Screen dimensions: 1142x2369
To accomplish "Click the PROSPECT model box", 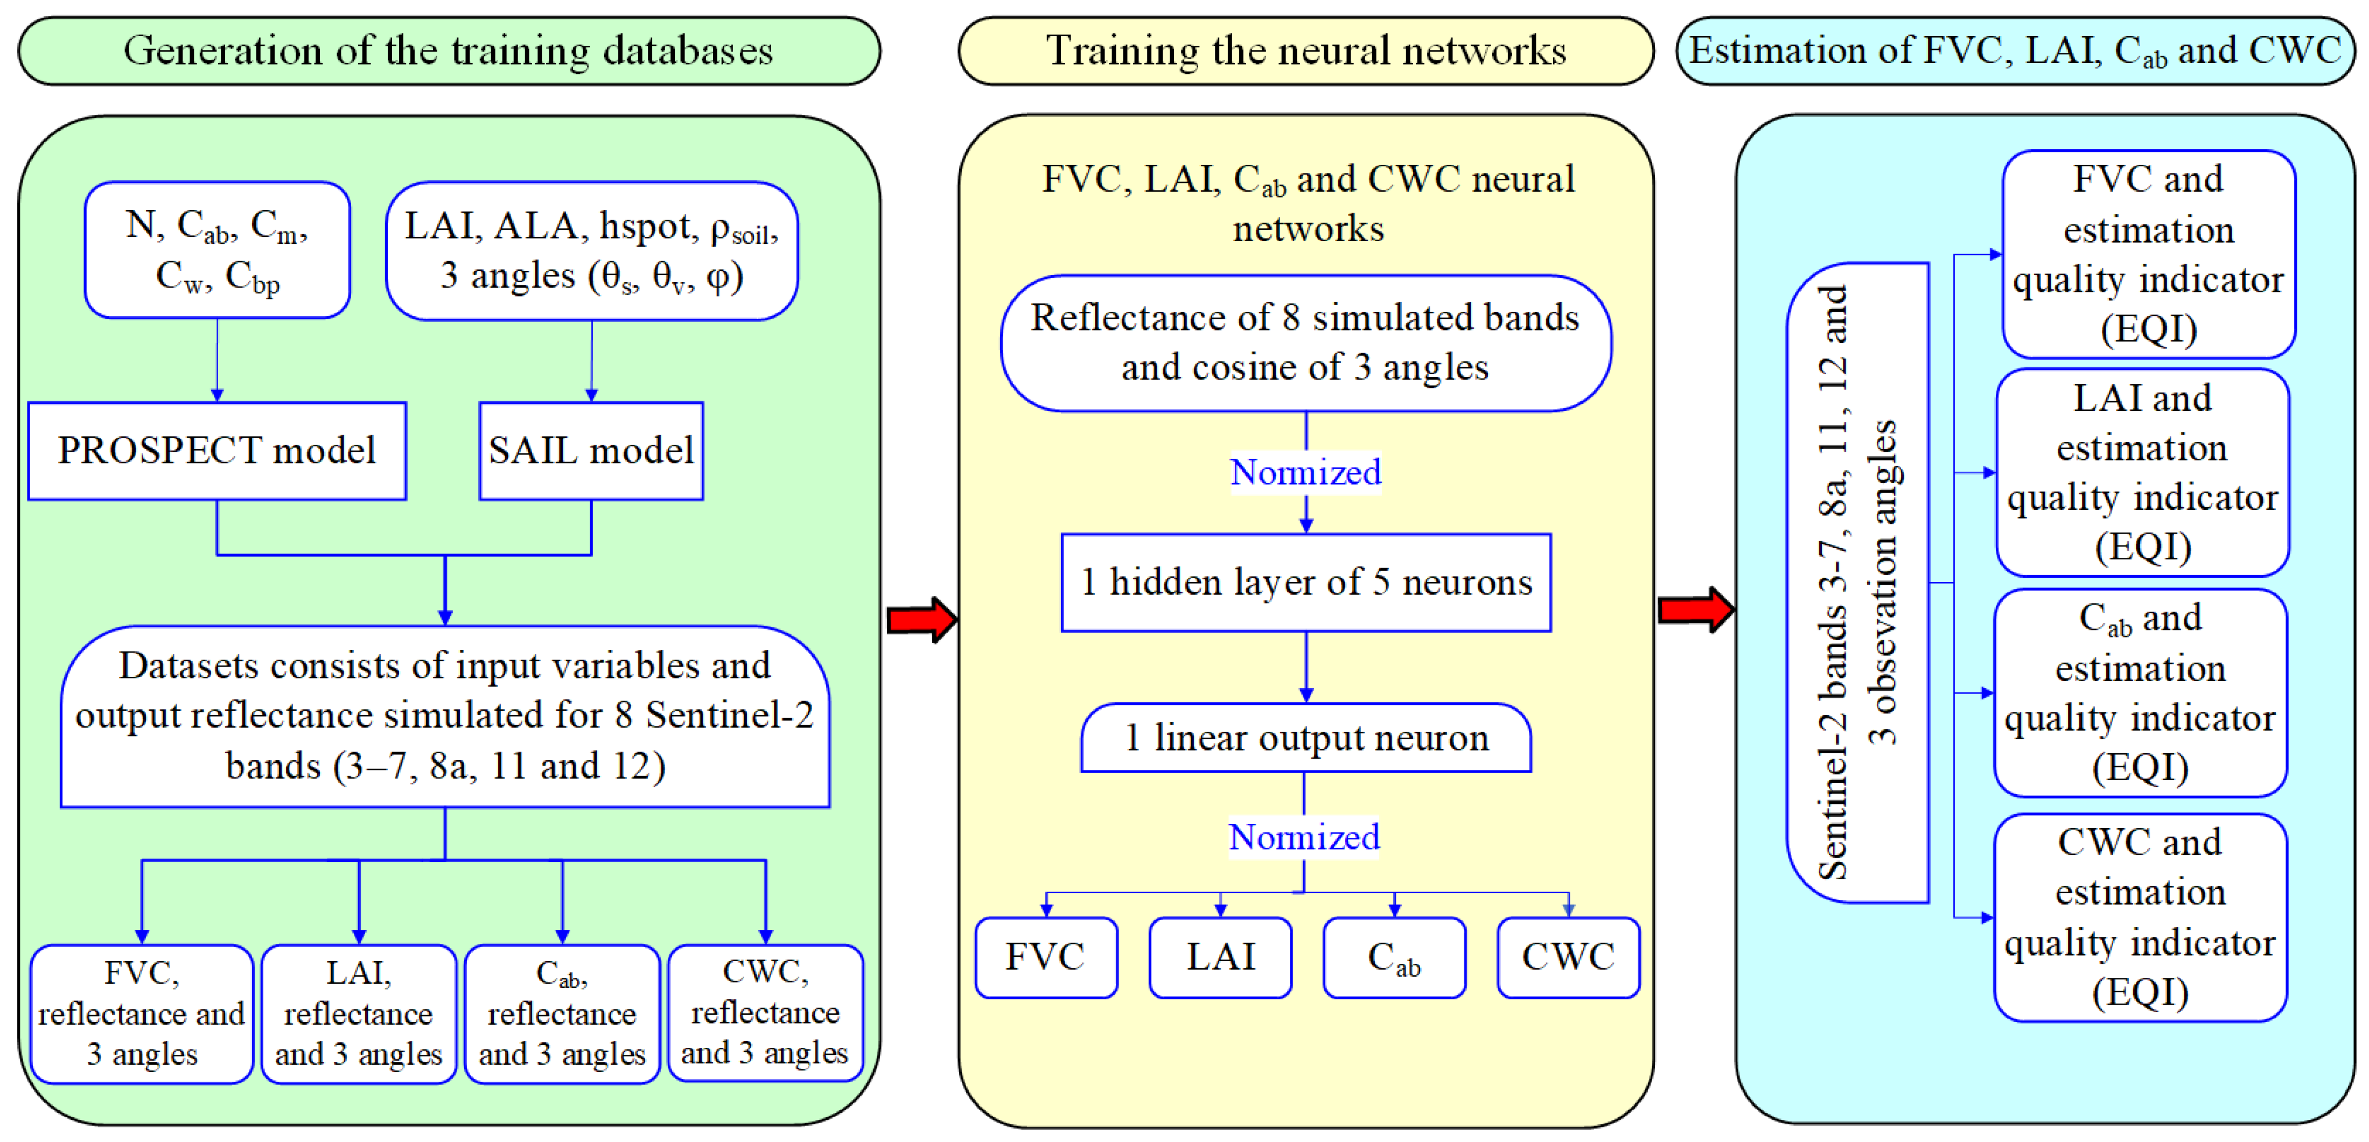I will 217,451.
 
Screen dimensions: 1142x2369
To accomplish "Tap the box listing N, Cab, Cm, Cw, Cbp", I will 217,250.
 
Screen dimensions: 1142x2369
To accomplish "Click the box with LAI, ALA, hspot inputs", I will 591,250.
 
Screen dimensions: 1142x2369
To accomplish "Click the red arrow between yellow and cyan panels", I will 1695,609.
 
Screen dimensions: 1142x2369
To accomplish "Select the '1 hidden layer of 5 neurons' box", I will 1306,582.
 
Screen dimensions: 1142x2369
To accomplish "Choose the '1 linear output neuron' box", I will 1306,738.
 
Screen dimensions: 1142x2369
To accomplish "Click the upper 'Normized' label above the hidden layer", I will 1306,473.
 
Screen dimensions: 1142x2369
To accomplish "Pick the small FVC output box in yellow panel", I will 1046,957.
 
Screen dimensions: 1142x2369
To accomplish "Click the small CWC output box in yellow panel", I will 1568,957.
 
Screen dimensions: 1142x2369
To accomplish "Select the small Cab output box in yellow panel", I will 1394,957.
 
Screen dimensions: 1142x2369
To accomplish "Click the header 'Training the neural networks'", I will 1306,51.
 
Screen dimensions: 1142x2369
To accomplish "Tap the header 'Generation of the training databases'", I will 449,51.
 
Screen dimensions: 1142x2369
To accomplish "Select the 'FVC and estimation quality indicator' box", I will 2148,254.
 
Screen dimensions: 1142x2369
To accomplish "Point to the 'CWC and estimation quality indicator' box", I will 2140,917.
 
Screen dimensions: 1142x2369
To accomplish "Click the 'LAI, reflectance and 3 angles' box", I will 359,1013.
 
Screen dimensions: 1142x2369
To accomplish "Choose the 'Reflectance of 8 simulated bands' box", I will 1306,342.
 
